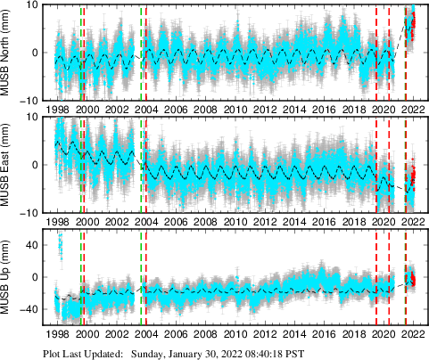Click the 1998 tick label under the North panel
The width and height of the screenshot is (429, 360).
tap(57, 109)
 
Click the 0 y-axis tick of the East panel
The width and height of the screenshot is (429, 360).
tap(35, 165)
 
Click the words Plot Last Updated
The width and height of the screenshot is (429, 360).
tap(83, 354)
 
